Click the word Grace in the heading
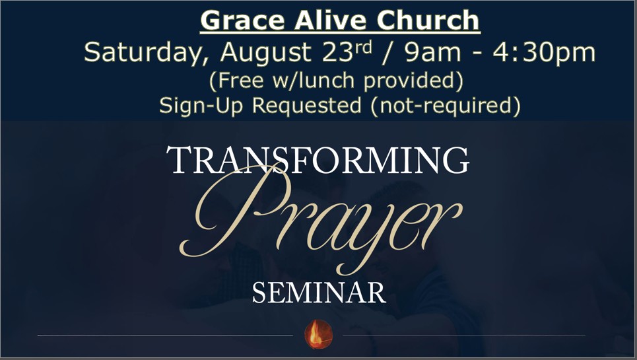tap(242, 20)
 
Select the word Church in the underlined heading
tap(428, 20)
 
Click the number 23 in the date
tap(337, 52)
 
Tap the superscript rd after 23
tap(363, 48)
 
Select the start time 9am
tap(432, 52)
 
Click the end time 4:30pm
tap(544, 54)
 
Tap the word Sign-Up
tap(201, 106)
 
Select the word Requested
tap(307, 106)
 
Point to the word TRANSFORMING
tap(318, 160)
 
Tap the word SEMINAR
tap(319, 293)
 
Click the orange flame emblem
tap(318, 334)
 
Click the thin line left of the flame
tap(165, 335)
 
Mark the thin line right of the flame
tap(464, 335)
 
